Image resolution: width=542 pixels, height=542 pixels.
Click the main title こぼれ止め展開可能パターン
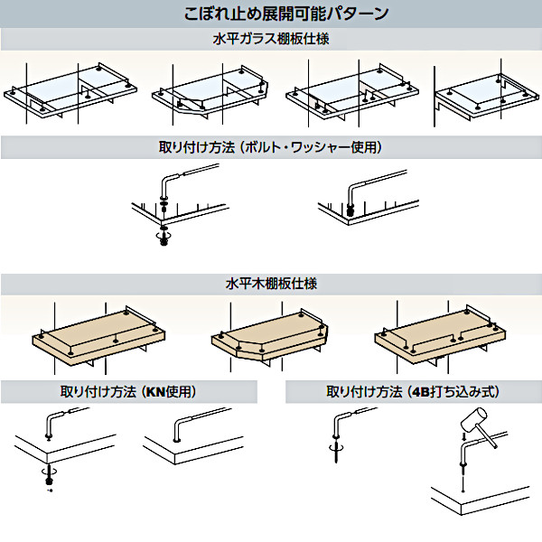point(270,14)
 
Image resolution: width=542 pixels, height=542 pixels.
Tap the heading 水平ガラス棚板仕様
point(270,40)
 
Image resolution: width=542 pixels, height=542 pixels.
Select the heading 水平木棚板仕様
point(270,284)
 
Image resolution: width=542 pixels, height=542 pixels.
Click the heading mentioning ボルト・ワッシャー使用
point(270,147)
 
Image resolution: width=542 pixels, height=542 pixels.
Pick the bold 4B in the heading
point(418,392)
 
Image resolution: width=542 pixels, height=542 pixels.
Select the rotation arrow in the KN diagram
point(47,472)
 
